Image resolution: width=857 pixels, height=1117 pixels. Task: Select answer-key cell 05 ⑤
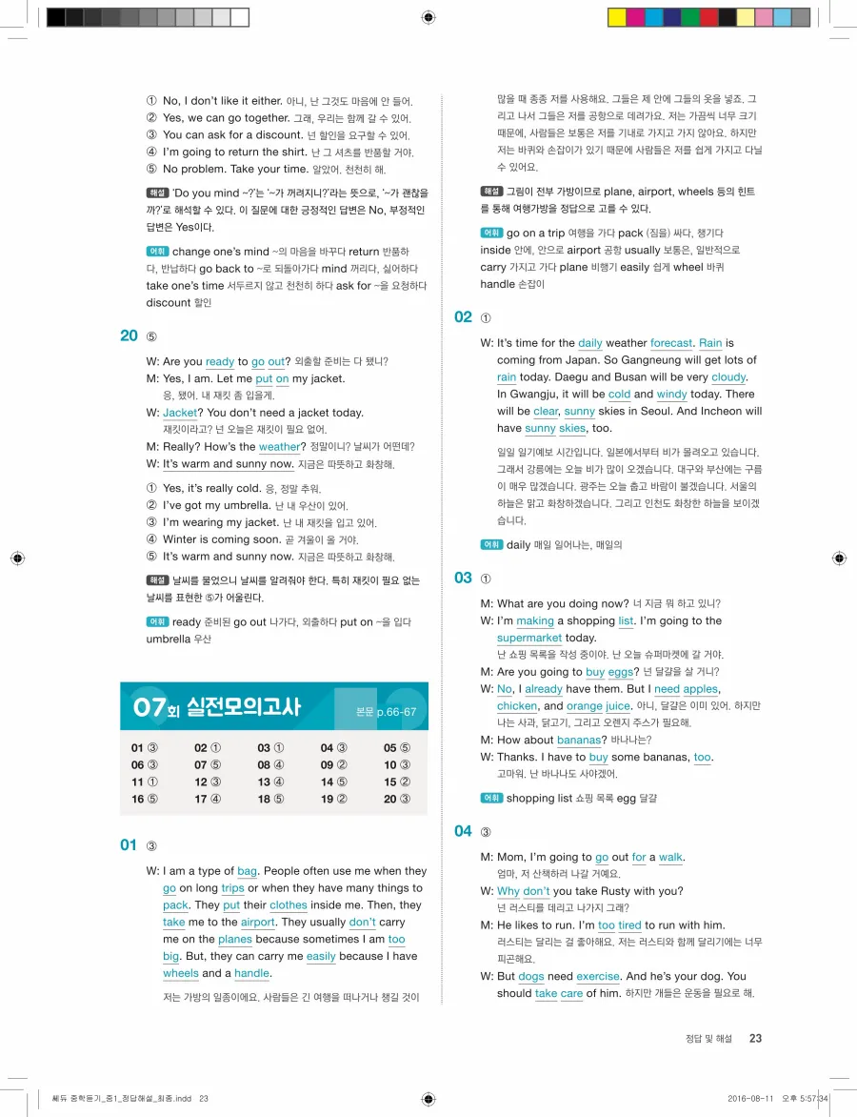tap(397, 748)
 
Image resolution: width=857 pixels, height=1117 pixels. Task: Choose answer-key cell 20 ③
tap(397, 799)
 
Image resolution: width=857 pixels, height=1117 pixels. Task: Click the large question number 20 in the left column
tap(130, 335)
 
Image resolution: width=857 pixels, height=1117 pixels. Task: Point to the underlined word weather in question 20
tap(279, 447)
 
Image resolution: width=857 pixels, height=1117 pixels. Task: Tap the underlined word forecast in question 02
tap(671, 343)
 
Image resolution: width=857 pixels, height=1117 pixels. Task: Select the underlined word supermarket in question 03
tap(528, 639)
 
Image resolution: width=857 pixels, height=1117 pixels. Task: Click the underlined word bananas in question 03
tap(579, 741)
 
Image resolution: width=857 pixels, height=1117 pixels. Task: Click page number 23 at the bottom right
tap(755, 1039)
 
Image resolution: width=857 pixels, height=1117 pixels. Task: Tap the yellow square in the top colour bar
tap(616, 17)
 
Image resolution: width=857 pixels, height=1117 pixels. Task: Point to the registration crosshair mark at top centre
tap(428, 17)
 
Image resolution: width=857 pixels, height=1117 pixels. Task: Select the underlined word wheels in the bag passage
tap(181, 974)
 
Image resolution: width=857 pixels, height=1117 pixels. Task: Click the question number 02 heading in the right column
tap(463, 316)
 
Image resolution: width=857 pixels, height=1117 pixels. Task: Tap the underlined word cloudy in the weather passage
tap(728, 377)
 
